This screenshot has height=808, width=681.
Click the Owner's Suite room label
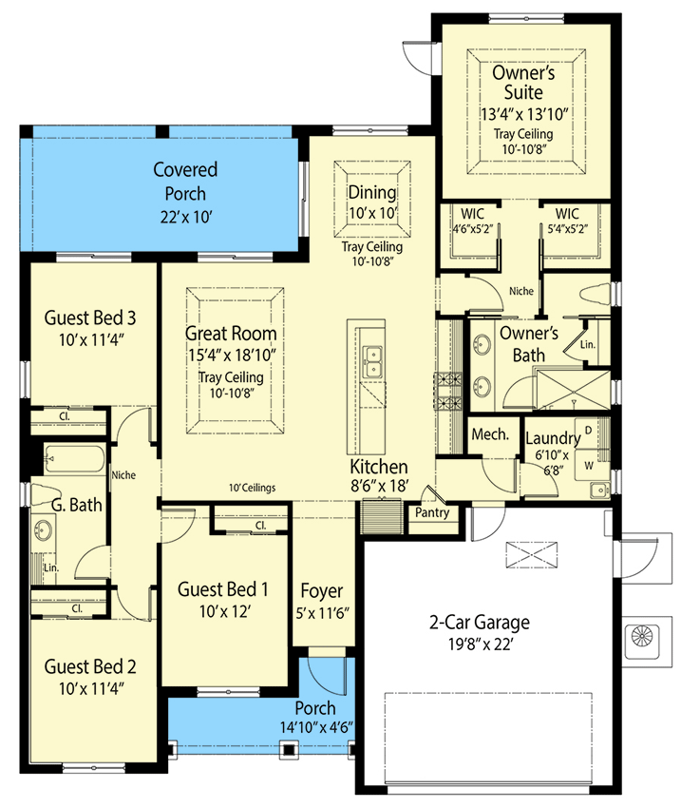523,83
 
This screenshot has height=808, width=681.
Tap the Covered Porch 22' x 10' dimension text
186,217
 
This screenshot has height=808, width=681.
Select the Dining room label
372,193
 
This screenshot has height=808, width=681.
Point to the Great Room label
231,334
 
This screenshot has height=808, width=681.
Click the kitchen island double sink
372,362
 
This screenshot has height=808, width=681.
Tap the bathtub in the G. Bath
75,458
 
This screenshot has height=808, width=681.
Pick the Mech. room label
490,434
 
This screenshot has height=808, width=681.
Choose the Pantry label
432,512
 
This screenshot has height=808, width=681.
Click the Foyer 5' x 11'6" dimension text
322,613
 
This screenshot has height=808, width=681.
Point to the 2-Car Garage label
480,622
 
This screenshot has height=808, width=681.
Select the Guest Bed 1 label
223,589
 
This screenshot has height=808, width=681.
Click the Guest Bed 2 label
90,666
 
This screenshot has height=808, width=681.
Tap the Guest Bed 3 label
90,317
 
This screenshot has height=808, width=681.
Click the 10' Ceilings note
253,488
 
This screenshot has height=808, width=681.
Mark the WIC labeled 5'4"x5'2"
567,221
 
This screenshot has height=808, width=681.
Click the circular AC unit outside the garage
642,636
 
